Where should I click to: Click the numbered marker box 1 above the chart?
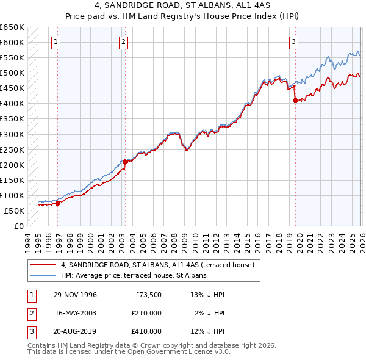coord(56,42)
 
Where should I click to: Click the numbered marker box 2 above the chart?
coord(123,42)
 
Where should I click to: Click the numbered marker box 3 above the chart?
coord(293,42)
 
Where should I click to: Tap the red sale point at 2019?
coord(295,101)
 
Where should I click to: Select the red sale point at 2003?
coord(125,162)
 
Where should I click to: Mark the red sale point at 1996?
coord(58,204)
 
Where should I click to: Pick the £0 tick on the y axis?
coord(18,226)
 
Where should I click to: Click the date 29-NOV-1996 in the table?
coord(75,295)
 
